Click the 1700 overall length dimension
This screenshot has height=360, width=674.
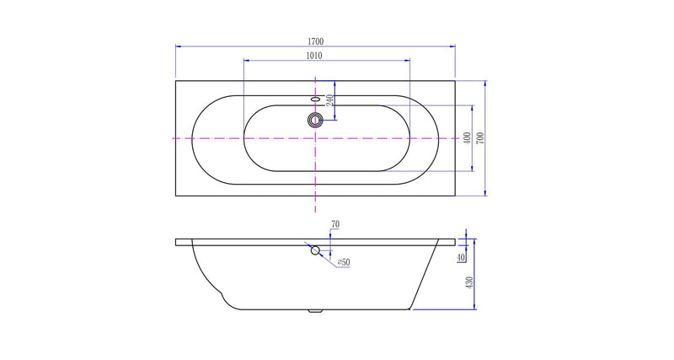click(x=314, y=40)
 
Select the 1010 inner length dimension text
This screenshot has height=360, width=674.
click(x=314, y=56)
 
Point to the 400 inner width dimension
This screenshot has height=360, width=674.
click(x=467, y=137)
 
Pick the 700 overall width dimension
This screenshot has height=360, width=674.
click(x=480, y=137)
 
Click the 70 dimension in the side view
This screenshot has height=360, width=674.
click(x=335, y=224)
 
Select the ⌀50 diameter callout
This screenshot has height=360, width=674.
click(x=344, y=263)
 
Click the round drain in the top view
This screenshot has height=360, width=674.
click(x=315, y=119)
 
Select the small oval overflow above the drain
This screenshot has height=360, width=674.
click(x=315, y=99)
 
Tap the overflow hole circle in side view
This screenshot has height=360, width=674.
click(x=315, y=250)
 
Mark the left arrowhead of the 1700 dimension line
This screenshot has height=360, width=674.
click(x=178, y=46)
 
